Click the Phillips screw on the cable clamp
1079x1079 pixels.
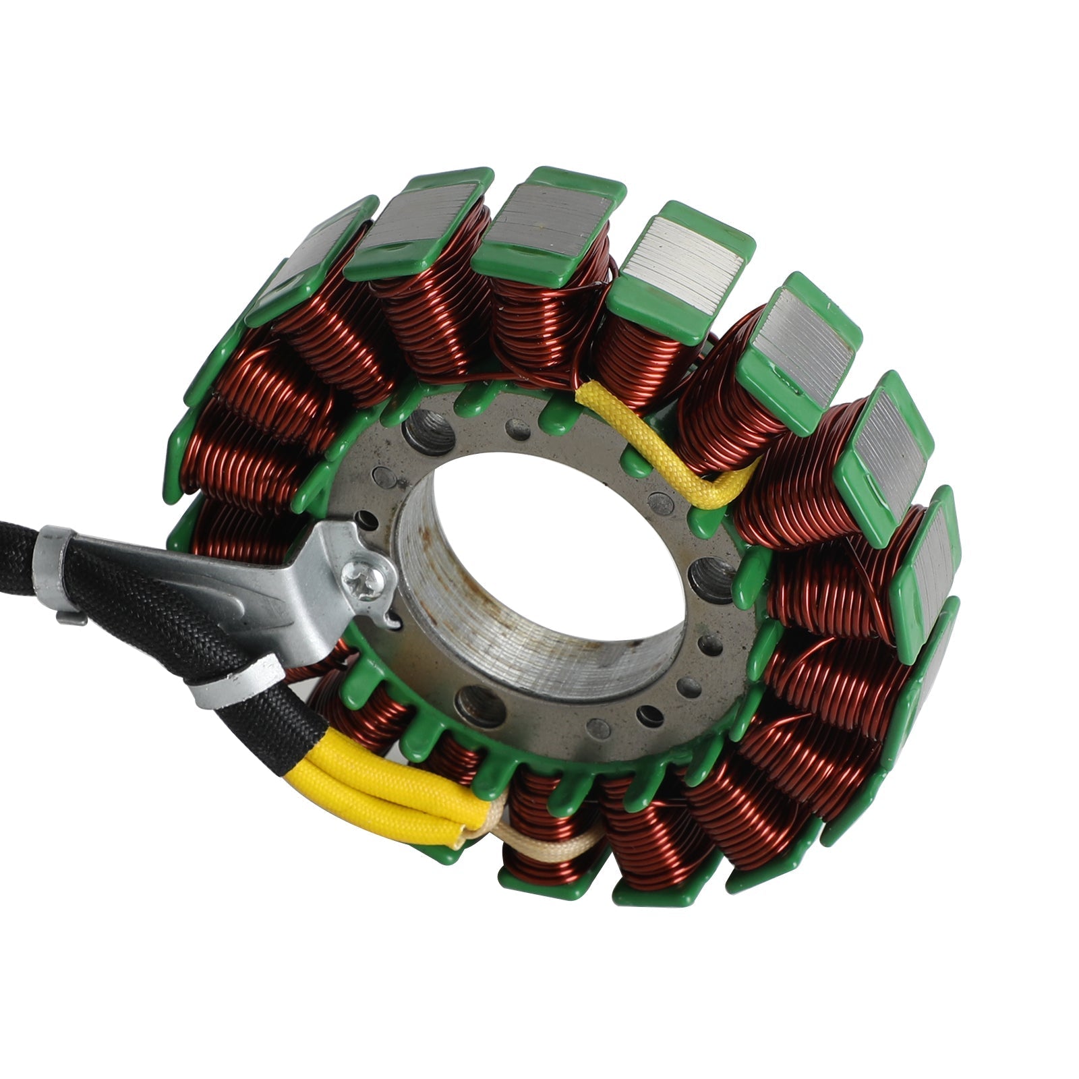[x=367, y=581]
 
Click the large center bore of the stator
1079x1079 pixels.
[x=553, y=533]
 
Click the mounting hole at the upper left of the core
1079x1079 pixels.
[x=428, y=432]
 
